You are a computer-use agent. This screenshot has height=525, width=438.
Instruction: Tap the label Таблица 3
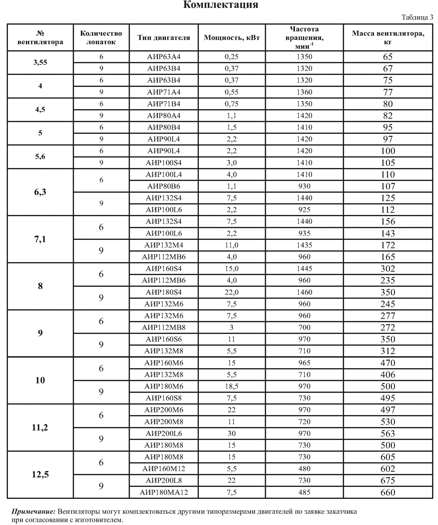(x=417, y=18)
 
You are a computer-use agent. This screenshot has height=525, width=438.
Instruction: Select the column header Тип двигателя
(x=164, y=38)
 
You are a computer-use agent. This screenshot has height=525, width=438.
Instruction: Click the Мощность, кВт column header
(x=232, y=38)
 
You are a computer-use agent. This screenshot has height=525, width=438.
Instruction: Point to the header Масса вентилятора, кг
(x=388, y=38)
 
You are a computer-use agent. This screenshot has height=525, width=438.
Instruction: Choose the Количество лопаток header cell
(x=101, y=38)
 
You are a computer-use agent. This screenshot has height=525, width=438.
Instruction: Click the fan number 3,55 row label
(x=40, y=62)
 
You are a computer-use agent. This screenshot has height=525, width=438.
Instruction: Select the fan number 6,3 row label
(x=40, y=192)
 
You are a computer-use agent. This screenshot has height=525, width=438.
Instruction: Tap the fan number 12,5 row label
(x=40, y=474)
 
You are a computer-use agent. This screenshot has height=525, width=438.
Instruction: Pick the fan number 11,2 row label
(x=40, y=427)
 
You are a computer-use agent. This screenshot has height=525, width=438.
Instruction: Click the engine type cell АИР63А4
(x=164, y=57)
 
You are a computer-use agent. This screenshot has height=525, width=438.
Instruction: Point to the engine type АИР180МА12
(x=164, y=492)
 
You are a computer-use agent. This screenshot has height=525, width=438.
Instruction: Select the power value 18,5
(x=232, y=386)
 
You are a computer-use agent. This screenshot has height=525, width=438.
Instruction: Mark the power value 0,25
(x=232, y=57)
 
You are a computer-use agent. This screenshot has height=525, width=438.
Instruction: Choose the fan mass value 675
(x=388, y=480)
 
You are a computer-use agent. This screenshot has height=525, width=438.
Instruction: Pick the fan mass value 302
(x=388, y=268)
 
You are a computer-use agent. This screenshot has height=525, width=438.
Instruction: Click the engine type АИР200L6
(x=164, y=433)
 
